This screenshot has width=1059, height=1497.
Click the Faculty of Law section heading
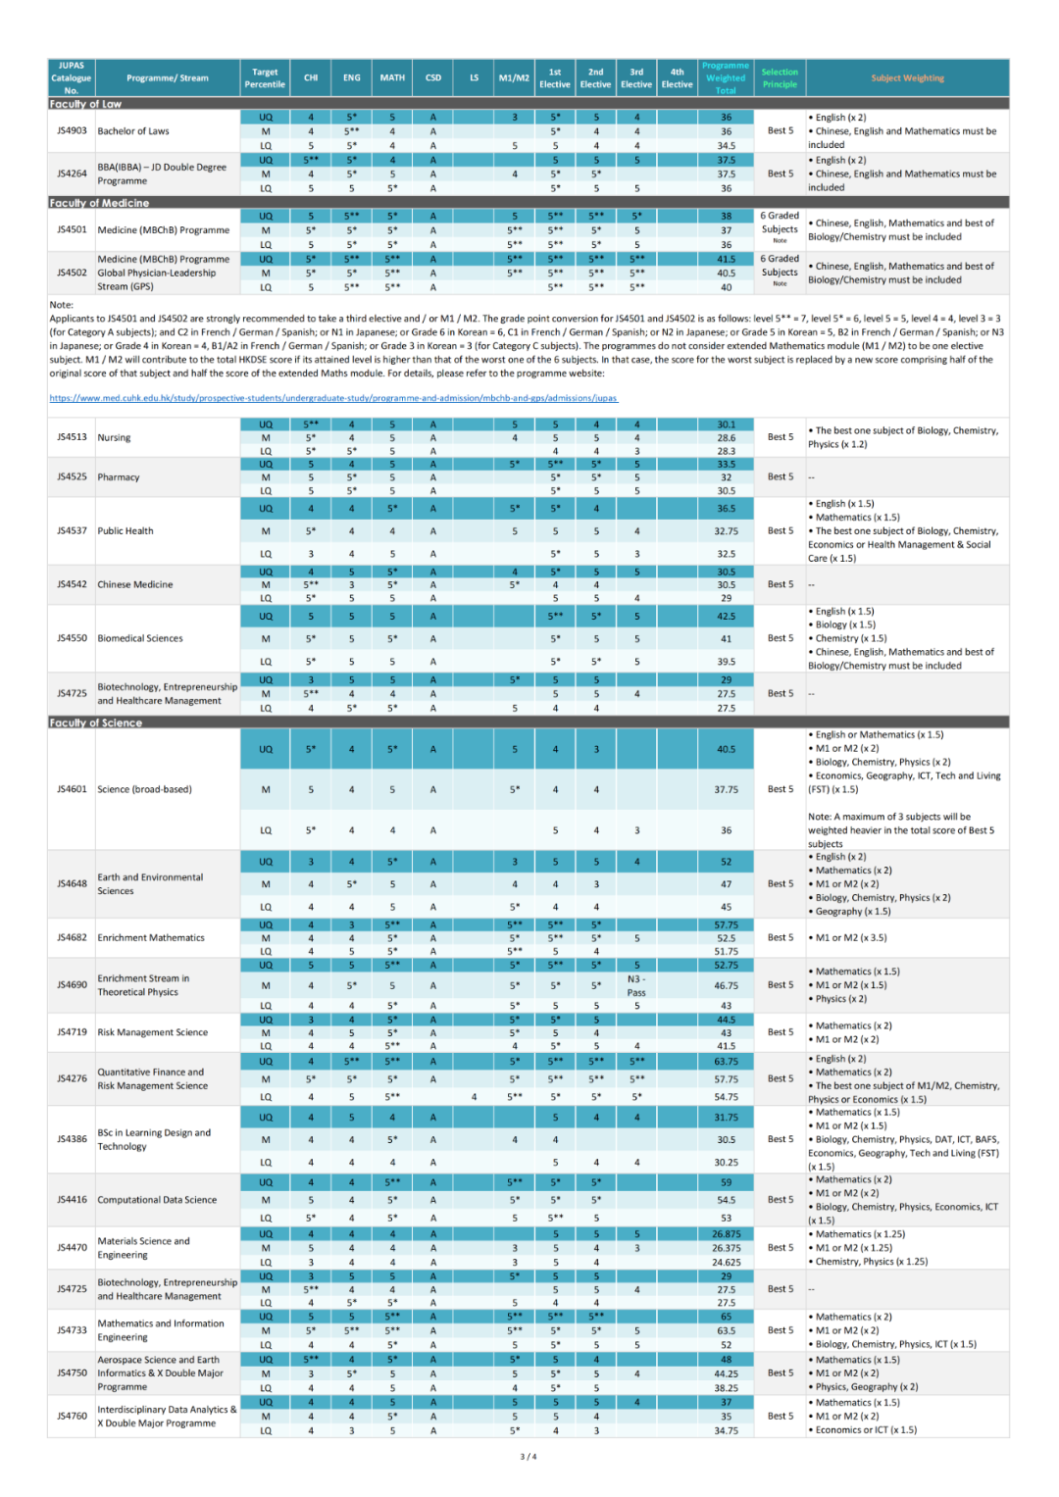pyautogui.click(x=85, y=104)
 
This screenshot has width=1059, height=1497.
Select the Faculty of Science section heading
pyautogui.click(x=95, y=723)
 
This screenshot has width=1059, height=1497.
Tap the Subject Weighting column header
pyautogui.click(x=907, y=78)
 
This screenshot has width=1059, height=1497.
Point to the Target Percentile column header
pyautogui.click(x=265, y=78)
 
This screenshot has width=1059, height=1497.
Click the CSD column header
pyautogui.click(x=432, y=78)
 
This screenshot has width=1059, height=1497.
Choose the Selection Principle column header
pyautogui.click(x=780, y=78)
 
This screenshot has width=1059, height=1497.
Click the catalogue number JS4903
pyautogui.click(x=72, y=130)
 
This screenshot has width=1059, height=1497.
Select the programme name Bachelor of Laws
pyautogui.click(x=133, y=130)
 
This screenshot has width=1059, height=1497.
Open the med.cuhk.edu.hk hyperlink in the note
pyautogui.click(x=333, y=398)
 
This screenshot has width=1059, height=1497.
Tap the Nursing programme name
pyautogui.click(x=114, y=437)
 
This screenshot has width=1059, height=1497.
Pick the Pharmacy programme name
pyautogui.click(x=119, y=477)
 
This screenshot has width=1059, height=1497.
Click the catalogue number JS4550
pyautogui.click(x=72, y=638)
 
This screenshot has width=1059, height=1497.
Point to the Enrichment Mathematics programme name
pyautogui.click(x=151, y=938)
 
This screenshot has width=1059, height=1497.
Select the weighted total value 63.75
pyautogui.click(x=726, y=1061)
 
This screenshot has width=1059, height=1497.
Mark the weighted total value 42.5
pyautogui.click(x=726, y=617)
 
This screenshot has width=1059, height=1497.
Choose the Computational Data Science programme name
pyautogui.click(x=157, y=1200)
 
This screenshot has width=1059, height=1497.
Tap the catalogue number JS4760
pyautogui.click(x=72, y=1416)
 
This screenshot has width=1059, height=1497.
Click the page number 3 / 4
pyautogui.click(x=529, y=1457)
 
